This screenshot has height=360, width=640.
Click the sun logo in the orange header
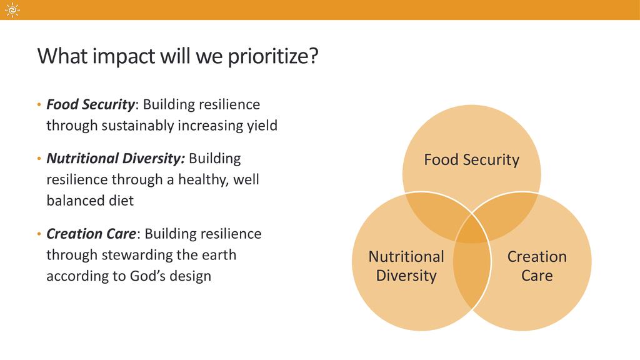pos(12,10)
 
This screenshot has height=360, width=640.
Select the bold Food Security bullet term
pos(90,105)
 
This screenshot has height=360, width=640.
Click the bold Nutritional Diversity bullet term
pos(116,158)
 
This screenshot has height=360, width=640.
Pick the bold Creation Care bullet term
pos(91,234)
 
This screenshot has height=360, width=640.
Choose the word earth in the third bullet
pos(219,255)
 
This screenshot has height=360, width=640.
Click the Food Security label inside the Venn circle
pos(471,159)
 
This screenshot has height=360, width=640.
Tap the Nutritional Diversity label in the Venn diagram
pos(406,266)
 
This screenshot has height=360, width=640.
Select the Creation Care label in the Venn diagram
pos(537,266)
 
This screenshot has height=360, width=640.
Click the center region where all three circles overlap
pos(472,231)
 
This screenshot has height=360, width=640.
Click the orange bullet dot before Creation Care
pos(39,234)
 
